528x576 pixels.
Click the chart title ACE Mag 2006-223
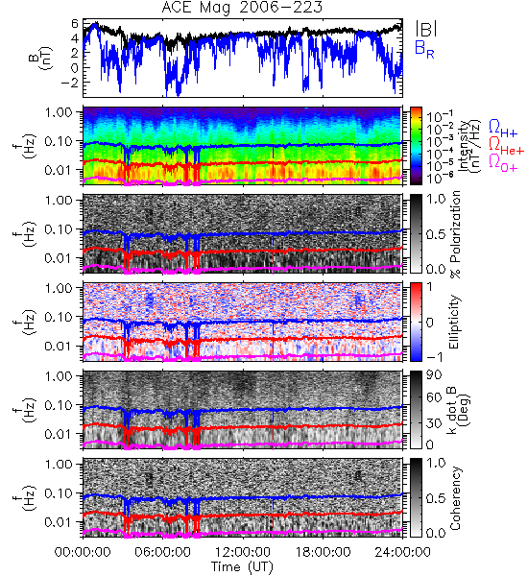pos(242,7)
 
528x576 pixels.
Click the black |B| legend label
pos(426,28)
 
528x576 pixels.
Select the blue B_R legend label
pos(424,49)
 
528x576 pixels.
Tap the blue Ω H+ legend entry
pos(503,129)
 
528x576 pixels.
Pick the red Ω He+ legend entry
pos(506,146)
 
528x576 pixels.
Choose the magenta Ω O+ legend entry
pos(503,163)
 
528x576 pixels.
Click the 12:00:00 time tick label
pos(243,552)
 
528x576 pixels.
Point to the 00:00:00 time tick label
pos(83,552)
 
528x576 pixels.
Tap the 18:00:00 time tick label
pos(323,552)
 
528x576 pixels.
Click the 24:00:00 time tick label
pos(402,552)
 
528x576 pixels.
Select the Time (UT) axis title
pos(242,566)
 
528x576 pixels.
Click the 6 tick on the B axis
pos(75,23)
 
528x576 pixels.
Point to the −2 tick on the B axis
pos(70,83)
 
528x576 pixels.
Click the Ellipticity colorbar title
pos(454,323)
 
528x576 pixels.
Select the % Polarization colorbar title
pos(454,234)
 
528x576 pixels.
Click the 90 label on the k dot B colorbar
pos(434,375)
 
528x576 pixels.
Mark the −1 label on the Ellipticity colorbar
pos(435,357)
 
